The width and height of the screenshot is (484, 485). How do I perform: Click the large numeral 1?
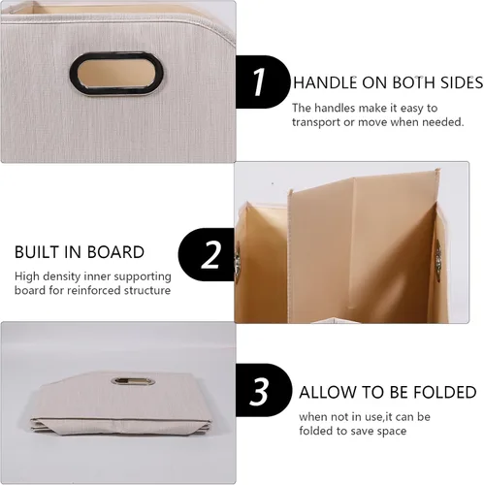click(x=259, y=81)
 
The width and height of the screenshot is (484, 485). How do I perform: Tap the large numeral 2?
click(x=211, y=254)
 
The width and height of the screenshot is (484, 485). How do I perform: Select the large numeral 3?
click(x=259, y=392)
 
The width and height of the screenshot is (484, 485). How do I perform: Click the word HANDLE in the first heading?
click(x=325, y=82)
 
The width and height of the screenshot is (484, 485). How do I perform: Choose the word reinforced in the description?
click(x=94, y=290)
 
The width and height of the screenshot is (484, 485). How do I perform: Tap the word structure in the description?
click(x=147, y=290)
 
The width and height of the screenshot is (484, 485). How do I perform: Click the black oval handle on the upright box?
click(x=116, y=73)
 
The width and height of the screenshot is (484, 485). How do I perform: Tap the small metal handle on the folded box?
click(x=133, y=381)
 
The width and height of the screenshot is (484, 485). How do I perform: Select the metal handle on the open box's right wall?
click(x=438, y=259)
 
